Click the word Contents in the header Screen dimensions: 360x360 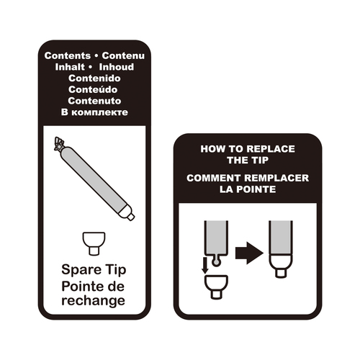pyautogui.click(x=68, y=55)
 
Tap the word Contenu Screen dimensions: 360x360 pyautogui.click(x=123, y=55)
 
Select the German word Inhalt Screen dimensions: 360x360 pyautogui.click(x=70, y=67)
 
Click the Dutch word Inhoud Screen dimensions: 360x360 pyautogui.click(x=117, y=67)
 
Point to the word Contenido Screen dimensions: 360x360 pyautogui.click(x=94, y=78)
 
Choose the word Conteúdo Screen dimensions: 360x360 pyautogui.click(x=93, y=89)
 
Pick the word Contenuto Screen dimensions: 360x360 pyautogui.click(x=94, y=101)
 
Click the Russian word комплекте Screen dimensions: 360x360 pyautogui.click(x=100, y=112)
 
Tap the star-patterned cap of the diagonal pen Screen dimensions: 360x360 pyautogui.click(x=60, y=145)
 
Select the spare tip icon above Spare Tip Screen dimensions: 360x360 pyautogui.click(x=94, y=243)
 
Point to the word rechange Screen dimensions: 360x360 pyautogui.click(x=94, y=301)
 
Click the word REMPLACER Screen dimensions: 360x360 pyautogui.click(x=276, y=178)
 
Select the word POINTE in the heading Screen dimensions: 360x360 pyautogui.click(x=256, y=189)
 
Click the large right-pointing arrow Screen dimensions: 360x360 pyautogui.click(x=249, y=253)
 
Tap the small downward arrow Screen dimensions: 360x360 pyautogui.click(x=204, y=266)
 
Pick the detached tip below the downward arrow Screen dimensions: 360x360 pyautogui.click(x=216, y=287)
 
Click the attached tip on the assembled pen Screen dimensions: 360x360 pyautogui.click(x=281, y=266)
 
